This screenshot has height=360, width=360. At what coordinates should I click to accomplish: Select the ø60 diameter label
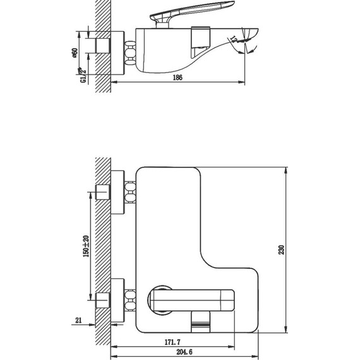[75, 53]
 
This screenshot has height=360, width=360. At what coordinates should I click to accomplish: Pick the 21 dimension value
[78, 320]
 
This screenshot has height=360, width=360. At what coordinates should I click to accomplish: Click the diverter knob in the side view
[201, 37]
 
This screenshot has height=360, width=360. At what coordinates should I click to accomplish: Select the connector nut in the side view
[131, 53]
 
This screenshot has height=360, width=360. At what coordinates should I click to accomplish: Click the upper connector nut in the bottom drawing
[131, 192]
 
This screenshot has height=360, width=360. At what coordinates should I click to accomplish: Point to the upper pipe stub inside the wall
[102, 192]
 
